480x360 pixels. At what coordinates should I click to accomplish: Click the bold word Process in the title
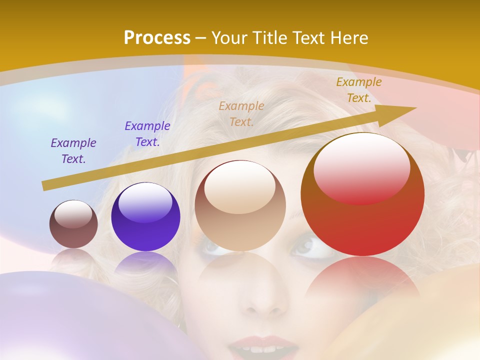(157, 38)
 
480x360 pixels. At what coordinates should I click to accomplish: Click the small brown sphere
(73, 224)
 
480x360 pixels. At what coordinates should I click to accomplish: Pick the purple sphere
(145, 217)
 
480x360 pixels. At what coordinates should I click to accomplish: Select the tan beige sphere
(240, 206)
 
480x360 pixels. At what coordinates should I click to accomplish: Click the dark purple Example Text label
(73, 150)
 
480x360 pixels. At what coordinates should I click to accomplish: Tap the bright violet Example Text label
(147, 133)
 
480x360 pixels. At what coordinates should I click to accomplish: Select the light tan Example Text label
(241, 113)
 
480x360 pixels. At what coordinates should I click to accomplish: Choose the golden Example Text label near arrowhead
(358, 90)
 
